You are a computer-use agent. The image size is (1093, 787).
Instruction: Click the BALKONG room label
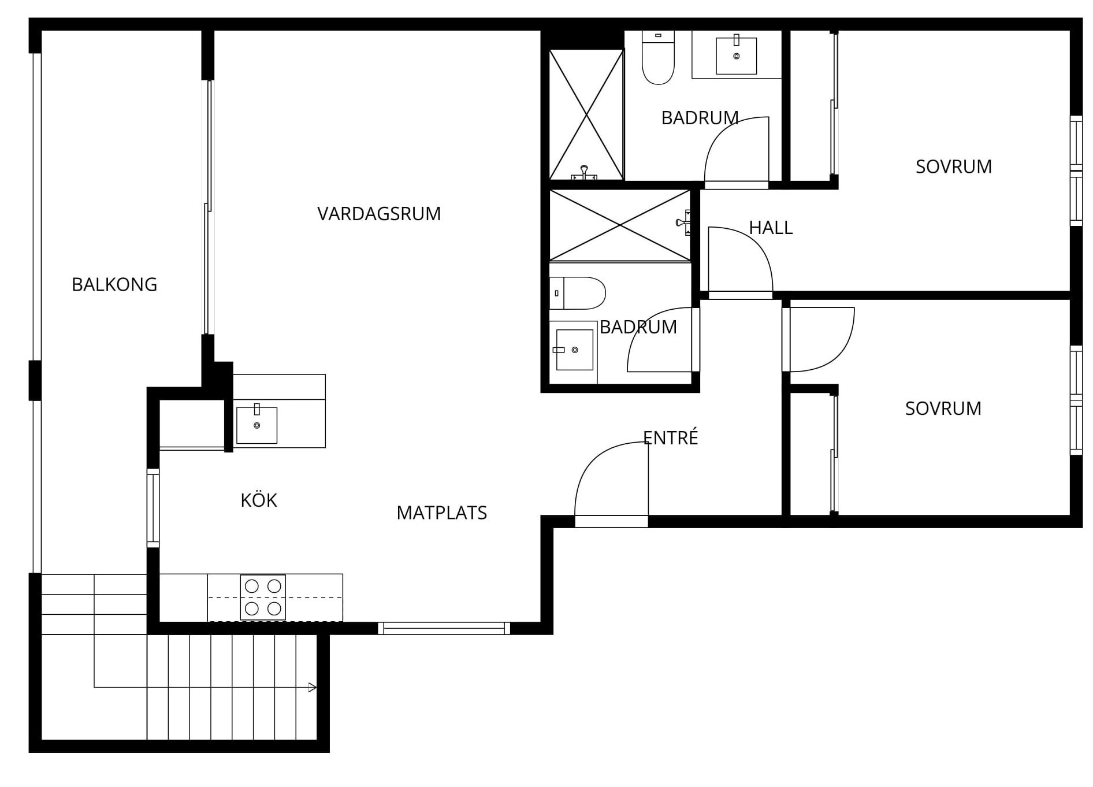click(114, 284)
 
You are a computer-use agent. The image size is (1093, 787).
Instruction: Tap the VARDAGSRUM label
click(379, 214)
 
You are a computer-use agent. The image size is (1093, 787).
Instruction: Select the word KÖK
click(259, 500)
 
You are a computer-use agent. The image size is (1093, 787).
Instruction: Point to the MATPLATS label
click(442, 513)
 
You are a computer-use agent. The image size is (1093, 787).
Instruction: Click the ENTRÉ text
click(671, 437)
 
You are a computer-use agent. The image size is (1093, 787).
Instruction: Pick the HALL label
click(771, 228)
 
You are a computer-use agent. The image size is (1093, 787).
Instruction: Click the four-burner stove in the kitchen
click(263, 597)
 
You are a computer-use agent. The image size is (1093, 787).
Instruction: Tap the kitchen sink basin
click(256, 425)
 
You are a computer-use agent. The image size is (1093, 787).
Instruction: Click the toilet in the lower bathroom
click(577, 293)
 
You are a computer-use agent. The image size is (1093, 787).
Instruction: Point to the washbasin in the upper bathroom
click(737, 55)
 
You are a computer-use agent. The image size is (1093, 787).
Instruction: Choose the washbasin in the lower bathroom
click(574, 350)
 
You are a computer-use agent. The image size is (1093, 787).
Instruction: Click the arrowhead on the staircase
click(313, 688)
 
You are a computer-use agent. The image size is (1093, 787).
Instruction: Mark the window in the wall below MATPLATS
click(444, 628)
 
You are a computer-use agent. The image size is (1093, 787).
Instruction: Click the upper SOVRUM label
click(954, 166)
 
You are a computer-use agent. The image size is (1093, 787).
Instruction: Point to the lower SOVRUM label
click(943, 409)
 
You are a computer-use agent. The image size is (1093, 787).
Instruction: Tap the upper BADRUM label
click(700, 118)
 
